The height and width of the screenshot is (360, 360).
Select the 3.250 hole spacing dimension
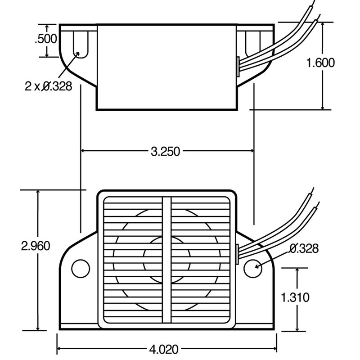(165, 151)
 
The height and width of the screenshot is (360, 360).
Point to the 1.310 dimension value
(295, 297)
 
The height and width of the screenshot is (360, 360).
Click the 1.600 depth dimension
(320, 63)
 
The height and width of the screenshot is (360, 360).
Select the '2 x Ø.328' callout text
(48, 86)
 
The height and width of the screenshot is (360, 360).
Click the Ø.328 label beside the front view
(303, 248)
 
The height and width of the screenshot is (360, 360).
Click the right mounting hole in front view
(251, 268)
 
